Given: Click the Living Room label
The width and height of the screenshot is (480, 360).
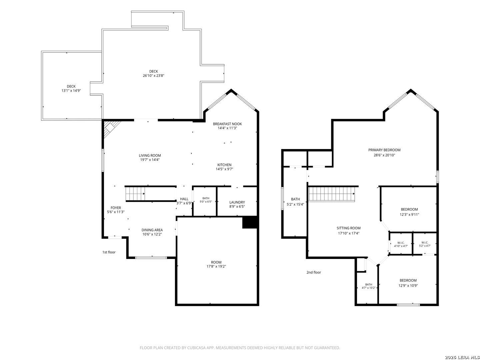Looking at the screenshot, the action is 150,155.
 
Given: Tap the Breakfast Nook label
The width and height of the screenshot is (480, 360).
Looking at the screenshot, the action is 227,124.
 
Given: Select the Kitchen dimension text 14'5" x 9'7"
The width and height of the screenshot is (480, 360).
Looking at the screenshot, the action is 224,169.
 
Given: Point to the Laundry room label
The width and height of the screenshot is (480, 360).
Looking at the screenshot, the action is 237,202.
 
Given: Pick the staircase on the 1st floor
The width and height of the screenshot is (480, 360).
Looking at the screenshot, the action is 135,194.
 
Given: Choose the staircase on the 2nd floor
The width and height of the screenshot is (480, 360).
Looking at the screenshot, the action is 332,194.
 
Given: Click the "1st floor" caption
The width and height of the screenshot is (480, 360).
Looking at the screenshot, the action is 109,252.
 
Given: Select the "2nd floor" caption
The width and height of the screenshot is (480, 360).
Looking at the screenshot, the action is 314,272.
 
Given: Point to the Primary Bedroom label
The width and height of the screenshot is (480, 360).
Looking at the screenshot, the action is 384,150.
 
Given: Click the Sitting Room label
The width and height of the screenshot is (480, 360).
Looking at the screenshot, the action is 349,228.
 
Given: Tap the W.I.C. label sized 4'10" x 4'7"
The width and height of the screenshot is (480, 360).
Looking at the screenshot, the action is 401,244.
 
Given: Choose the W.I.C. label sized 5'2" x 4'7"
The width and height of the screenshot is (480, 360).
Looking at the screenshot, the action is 425,244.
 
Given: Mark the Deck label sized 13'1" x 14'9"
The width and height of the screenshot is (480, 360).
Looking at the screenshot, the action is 71,89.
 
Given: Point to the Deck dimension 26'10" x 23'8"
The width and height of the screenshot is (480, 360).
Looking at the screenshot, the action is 154,76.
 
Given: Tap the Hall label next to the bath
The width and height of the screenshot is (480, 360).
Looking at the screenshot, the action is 184,199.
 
